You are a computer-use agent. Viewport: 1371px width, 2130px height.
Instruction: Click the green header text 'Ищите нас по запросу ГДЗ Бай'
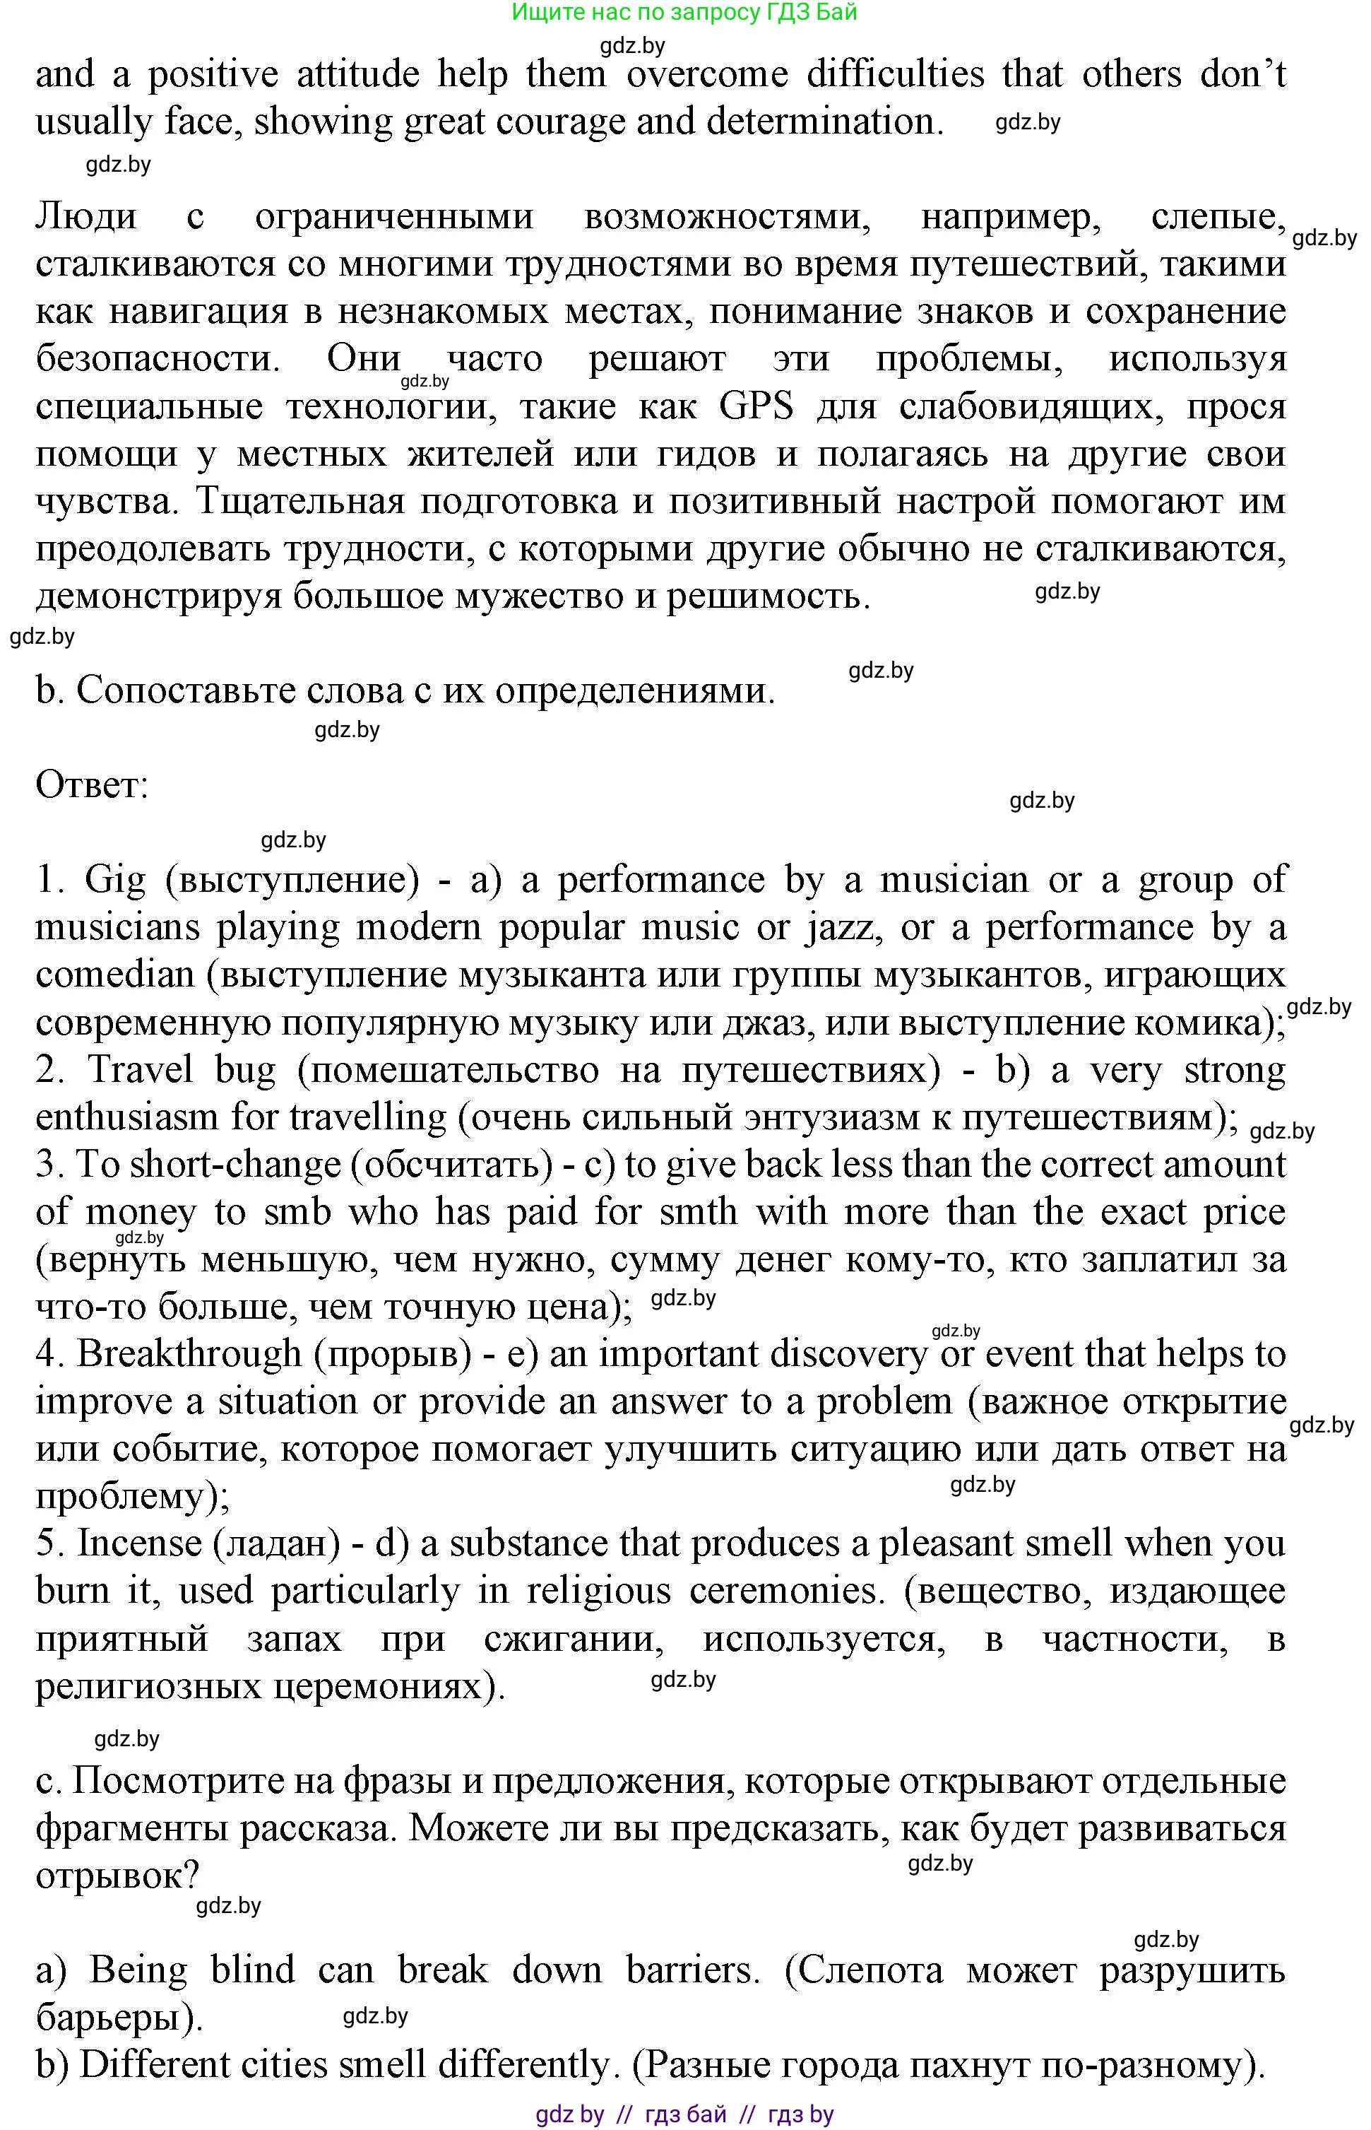tap(684, 13)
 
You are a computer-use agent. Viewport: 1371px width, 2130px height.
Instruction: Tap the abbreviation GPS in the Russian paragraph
tap(755, 407)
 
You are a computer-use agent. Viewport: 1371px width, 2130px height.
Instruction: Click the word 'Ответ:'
tap(92, 785)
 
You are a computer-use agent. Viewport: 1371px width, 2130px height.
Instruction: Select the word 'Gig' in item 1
tap(115, 880)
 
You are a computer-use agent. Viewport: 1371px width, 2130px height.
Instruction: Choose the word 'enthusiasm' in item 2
tap(127, 1117)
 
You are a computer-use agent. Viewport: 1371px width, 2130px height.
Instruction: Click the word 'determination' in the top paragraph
tap(824, 121)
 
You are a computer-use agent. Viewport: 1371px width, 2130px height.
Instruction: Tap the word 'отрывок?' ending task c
tap(117, 1876)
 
